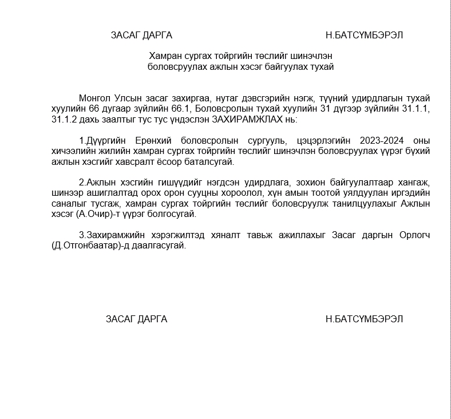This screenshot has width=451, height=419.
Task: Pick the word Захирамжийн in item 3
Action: coord(112,235)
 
